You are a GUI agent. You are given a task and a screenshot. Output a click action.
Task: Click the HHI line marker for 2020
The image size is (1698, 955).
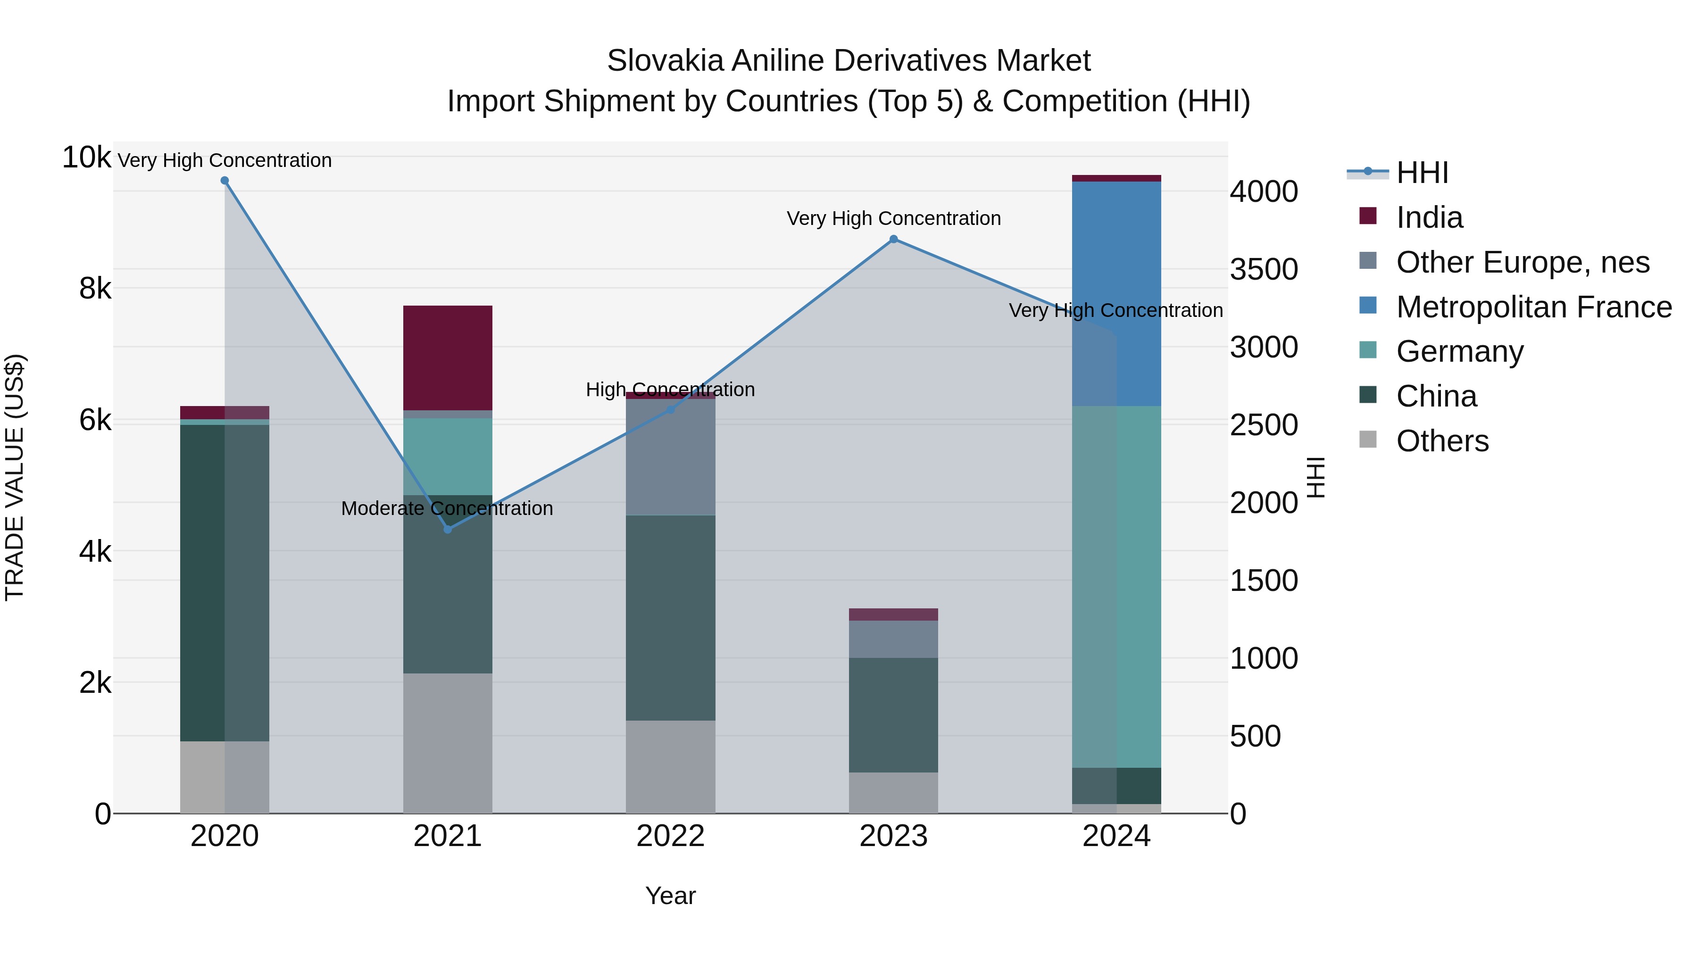click(x=225, y=181)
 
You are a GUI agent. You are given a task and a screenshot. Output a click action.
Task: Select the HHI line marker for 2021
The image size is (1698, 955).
click(x=448, y=529)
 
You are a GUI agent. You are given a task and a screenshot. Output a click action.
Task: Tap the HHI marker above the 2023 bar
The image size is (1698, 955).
click(x=894, y=239)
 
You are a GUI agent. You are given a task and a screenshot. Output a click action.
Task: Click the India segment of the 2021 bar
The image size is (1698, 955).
click(x=448, y=358)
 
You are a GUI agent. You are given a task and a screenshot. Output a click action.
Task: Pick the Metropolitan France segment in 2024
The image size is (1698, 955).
click(x=1116, y=293)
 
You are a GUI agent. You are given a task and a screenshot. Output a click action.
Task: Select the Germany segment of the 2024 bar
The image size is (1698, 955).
click(x=1116, y=587)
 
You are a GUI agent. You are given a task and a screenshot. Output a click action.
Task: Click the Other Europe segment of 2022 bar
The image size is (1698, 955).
click(x=670, y=457)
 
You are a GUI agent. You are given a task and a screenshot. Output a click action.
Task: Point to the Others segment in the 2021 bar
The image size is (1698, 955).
click(x=448, y=743)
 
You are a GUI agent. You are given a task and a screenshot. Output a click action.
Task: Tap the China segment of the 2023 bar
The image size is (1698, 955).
click(x=894, y=715)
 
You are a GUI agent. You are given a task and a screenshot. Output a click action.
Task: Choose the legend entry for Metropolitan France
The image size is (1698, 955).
click(x=1533, y=307)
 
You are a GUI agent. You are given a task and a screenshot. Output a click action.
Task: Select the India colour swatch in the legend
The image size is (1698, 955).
click(x=1368, y=216)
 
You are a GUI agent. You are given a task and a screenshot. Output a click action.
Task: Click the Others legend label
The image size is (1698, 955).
click(x=1442, y=441)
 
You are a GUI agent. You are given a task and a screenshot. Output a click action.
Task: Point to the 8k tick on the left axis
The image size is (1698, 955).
click(x=94, y=289)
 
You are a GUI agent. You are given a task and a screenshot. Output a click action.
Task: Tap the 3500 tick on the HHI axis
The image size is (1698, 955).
click(x=1264, y=270)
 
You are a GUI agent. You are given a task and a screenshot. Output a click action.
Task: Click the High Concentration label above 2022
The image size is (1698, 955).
click(x=670, y=390)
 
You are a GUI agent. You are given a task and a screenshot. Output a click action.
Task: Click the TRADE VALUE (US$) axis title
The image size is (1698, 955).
click(x=15, y=477)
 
